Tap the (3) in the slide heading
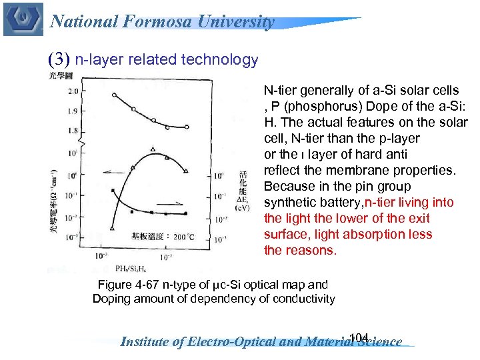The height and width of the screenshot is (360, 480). coord(59,59)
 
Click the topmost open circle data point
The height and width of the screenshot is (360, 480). coord(114,95)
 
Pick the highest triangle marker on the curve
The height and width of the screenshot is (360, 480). coord(153,149)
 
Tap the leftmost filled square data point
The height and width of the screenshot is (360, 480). coord(113,191)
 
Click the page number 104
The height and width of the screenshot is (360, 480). coord(359,336)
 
